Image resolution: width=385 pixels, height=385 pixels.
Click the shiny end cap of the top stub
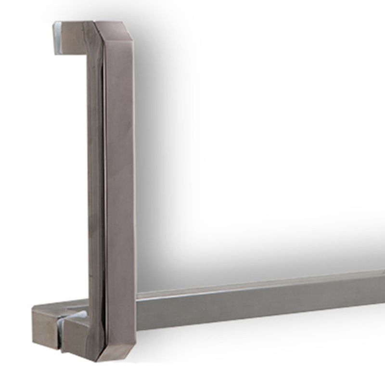click(57, 36)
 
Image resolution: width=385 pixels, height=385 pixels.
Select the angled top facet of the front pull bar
click(115, 29)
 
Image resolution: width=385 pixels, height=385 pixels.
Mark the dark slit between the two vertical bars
click(103, 192)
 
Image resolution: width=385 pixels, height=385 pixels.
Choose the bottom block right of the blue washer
click(79, 334)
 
